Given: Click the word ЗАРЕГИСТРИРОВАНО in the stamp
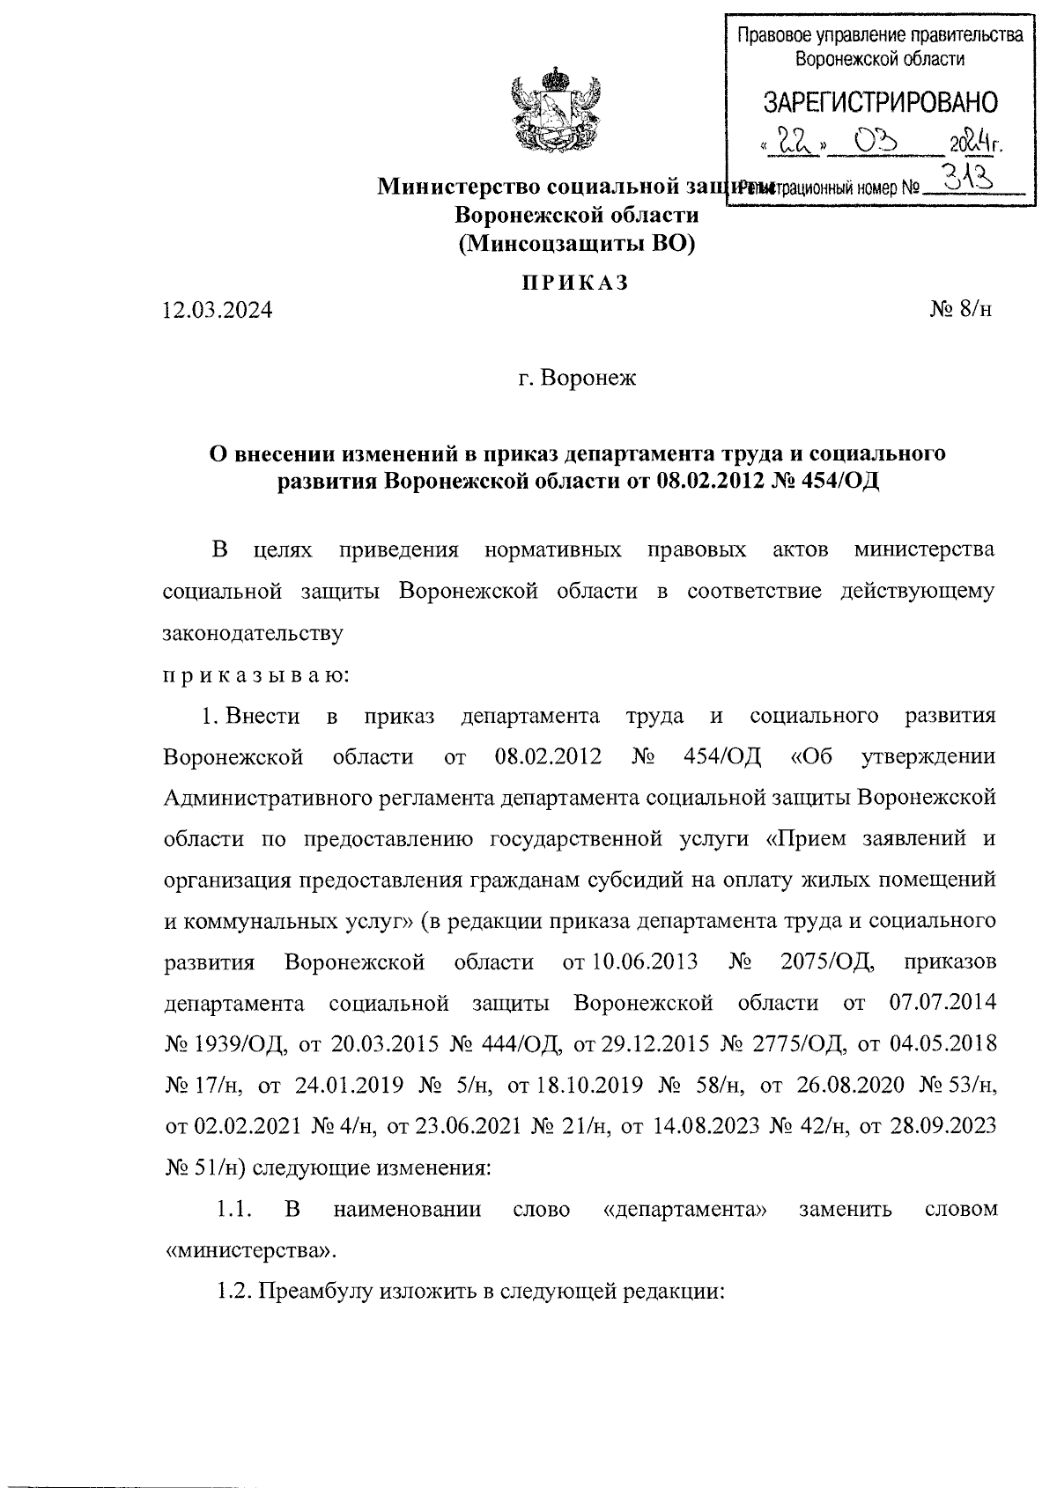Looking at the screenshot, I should click(x=880, y=103).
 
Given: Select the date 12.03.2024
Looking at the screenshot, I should click(x=218, y=311).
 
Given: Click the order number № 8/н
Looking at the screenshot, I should click(x=960, y=310).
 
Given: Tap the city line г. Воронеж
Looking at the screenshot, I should click(x=576, y=379).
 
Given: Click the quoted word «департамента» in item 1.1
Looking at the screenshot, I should click(x=684, y=1209).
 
